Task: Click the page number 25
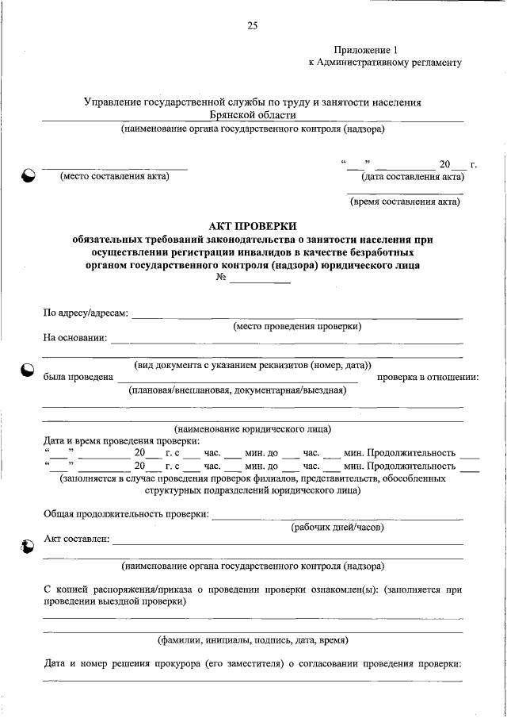[253, 25]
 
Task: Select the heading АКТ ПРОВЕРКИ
[253, 225]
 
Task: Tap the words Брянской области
[253, 115]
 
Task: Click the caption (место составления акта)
[115, 177]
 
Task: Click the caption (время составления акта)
[405, 202]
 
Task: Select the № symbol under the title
[222, 278]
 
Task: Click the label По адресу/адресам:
[86, 313]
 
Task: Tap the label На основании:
[75, 339]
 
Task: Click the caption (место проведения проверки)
[297, 326]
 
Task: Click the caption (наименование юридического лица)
[253, 428]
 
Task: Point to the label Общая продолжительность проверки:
[126, 514]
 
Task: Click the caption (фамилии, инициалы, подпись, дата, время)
[253, 639]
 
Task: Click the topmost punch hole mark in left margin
[28, 177]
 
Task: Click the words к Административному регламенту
[385, 61]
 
